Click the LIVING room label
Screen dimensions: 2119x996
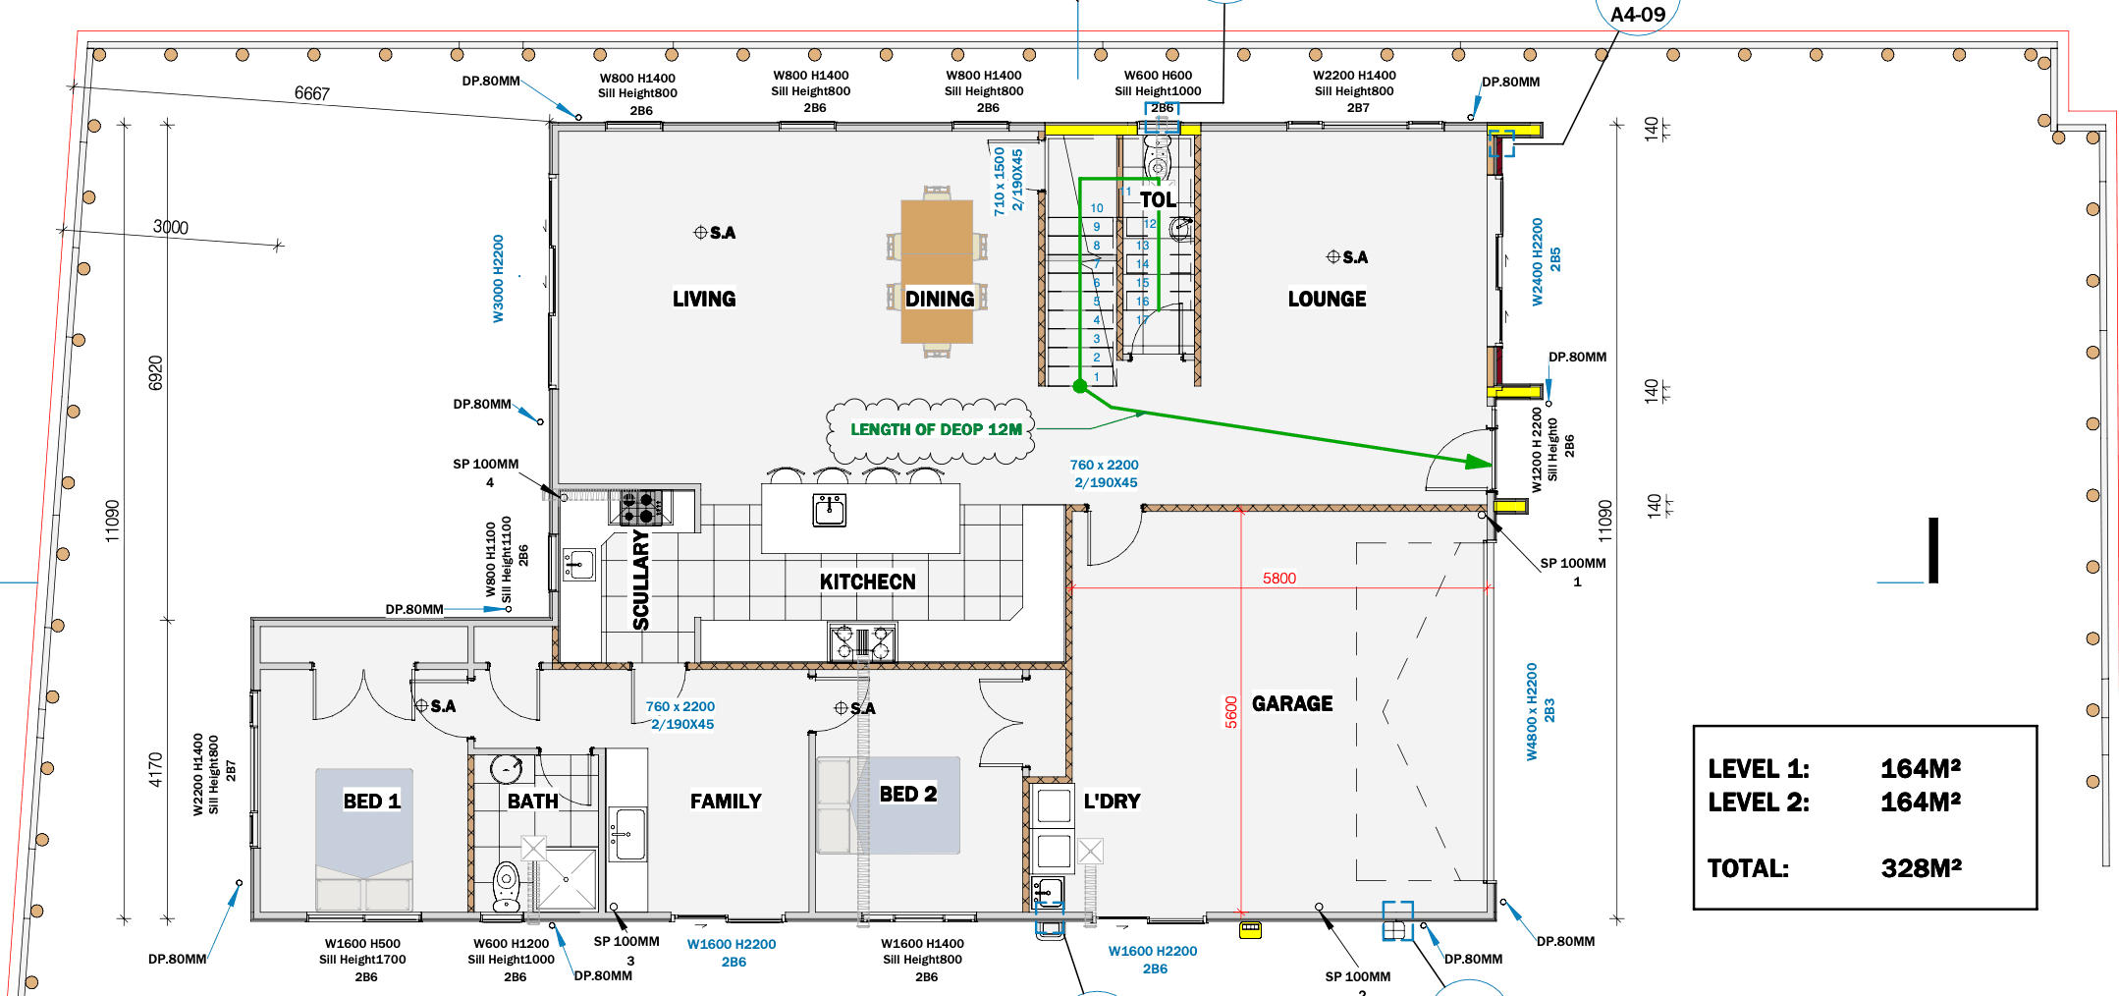[x=704, y=299]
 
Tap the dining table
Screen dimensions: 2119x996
[x=937, y=271]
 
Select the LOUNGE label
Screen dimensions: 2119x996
[x=1327, y=299]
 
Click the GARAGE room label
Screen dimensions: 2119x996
[x=1292, y=703]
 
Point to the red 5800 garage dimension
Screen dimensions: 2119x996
[x=1279, y=579]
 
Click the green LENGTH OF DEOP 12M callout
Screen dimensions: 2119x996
[x=936, y=429]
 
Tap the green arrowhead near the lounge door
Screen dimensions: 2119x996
[x=1479, y=462]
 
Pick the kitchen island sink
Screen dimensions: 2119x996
[x=830, y=510]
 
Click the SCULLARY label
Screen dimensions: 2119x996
[x=641, y=581]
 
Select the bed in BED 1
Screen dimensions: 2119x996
[x=364, y=840]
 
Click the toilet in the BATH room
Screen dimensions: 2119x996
[x=506, y=886]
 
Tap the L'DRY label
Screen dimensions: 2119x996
[x=1112, y=801]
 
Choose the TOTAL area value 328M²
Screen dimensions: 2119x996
[x=1921, y=868]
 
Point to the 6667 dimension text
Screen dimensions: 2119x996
[x=312, y=93]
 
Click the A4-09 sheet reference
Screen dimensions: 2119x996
[x=1638, y=15]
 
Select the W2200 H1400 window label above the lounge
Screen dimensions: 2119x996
[x=1354, y=75]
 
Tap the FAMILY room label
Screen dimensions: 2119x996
[x=726, y=801]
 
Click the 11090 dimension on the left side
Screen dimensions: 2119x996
[x=113, y=521]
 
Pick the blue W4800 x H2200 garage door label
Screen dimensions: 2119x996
[x=1532, y=712]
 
